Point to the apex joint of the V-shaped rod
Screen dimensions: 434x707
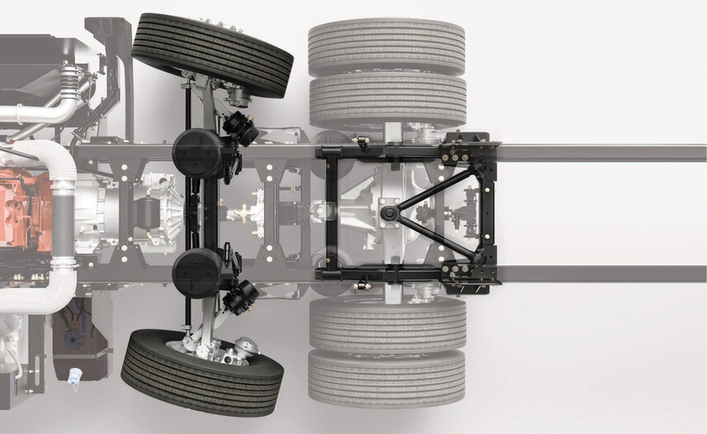pyautogui.click(x=389, y=213)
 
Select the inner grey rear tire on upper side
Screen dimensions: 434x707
pyautogui.click(x=387, y=102)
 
